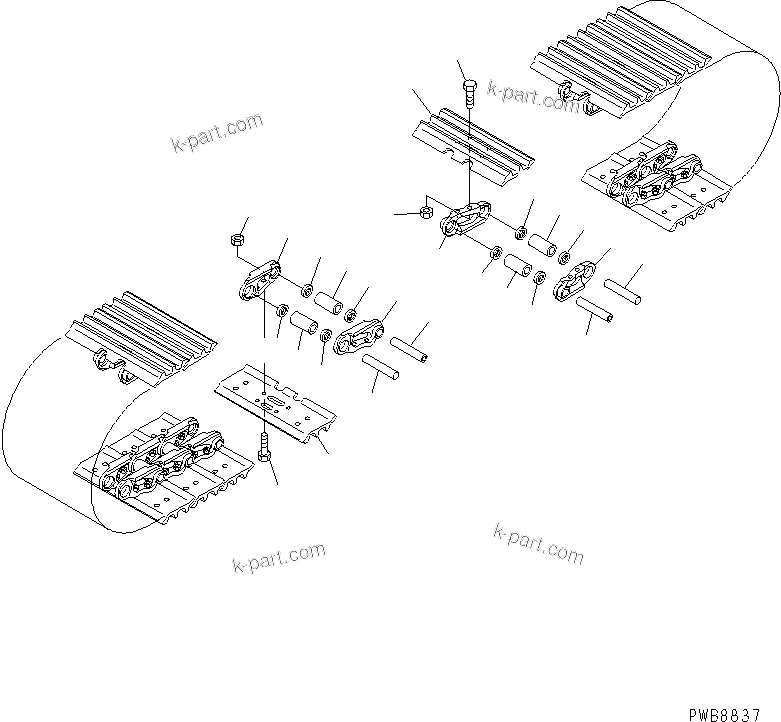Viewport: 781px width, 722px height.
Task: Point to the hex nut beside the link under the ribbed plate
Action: coord(424,212)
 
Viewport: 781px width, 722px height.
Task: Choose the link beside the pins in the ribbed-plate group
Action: coord(578,277)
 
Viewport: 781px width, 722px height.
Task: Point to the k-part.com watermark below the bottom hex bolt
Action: coord(278,558)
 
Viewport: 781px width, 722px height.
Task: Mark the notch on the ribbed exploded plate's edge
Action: coord(463,157)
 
